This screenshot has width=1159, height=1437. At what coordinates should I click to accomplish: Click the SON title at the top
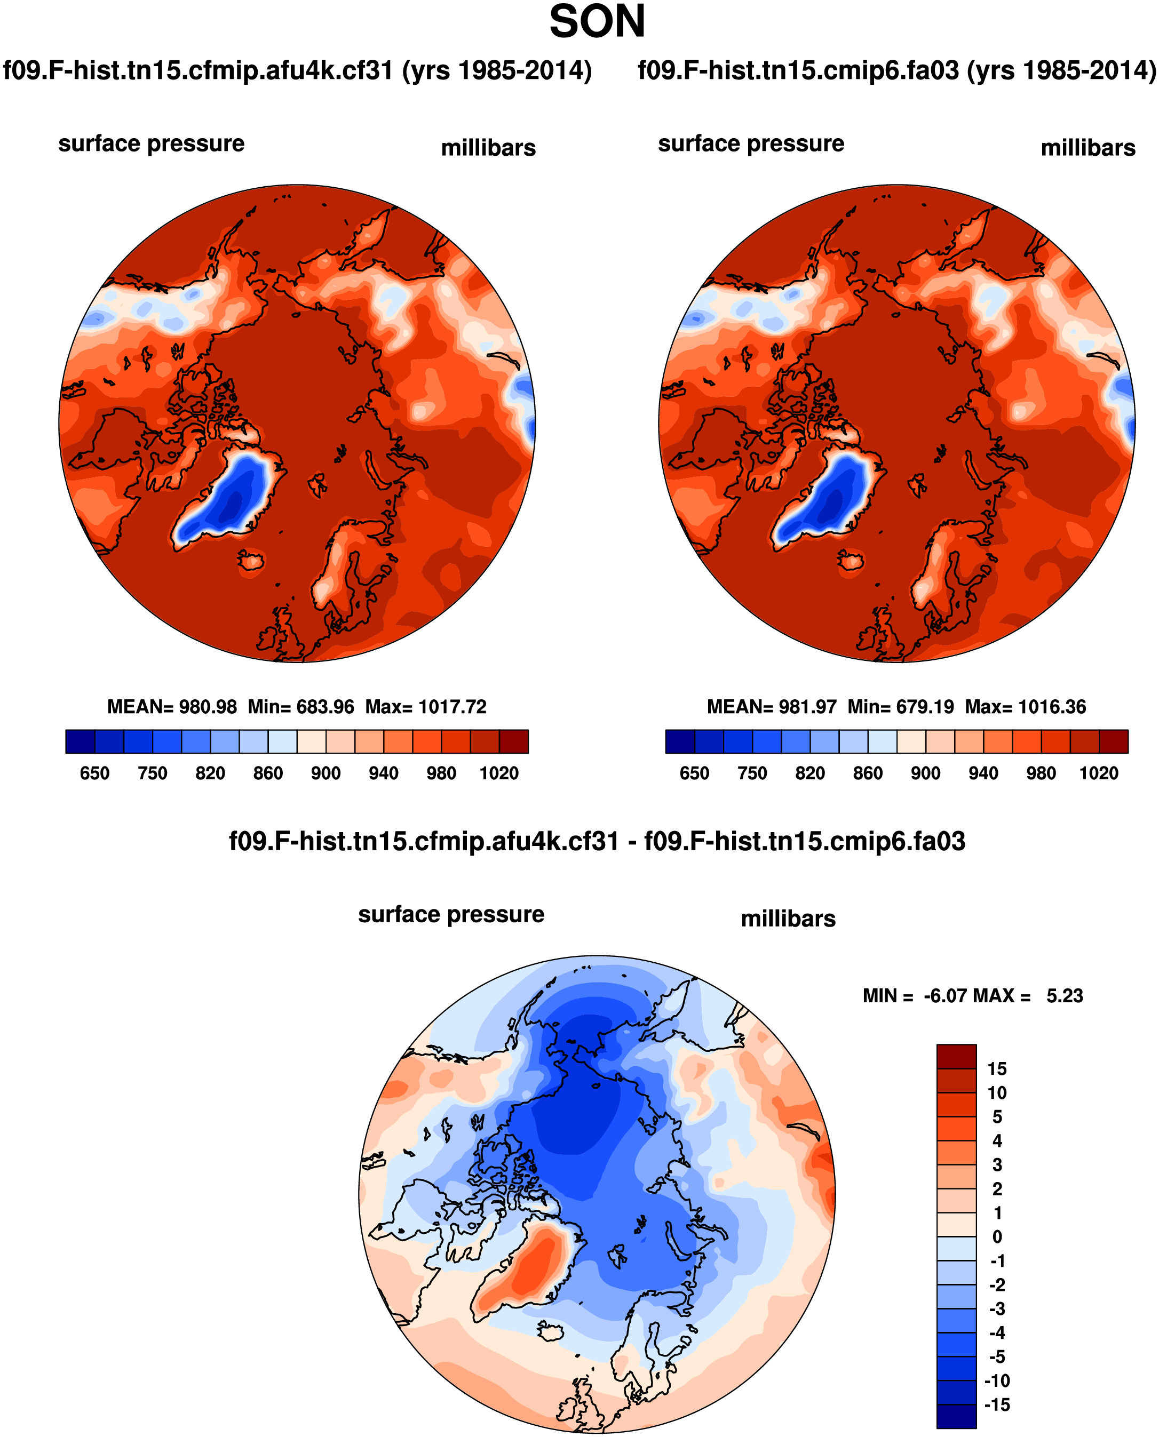pos(597,22)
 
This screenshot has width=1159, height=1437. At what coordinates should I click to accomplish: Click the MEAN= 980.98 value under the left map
pos(172,707)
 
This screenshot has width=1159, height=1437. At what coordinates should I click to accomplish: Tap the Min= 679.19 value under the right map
pos(901,707)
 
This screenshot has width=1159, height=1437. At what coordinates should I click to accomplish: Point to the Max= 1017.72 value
pos(426,707)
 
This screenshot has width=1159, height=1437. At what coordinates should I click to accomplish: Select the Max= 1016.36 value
pos(1026,707)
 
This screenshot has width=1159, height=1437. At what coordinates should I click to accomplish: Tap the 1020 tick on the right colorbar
pos(1098,773)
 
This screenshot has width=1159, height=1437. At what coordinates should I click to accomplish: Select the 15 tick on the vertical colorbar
pos(997,1068)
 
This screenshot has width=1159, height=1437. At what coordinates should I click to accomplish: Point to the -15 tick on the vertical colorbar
pos(997,1405)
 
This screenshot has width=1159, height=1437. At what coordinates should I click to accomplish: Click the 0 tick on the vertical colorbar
pos(997,1237)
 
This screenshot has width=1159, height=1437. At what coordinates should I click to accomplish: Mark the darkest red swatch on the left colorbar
pos(514,741)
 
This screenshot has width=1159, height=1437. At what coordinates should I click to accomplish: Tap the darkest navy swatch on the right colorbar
pos(680,741)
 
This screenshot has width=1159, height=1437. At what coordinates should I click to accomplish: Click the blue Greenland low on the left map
pos(231,497)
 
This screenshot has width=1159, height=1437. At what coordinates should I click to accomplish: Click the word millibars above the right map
pos(1087,148)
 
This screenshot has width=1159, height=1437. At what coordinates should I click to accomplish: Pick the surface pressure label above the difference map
pos(451,914)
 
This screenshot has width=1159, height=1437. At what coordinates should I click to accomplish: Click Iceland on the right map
pos(851,560)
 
